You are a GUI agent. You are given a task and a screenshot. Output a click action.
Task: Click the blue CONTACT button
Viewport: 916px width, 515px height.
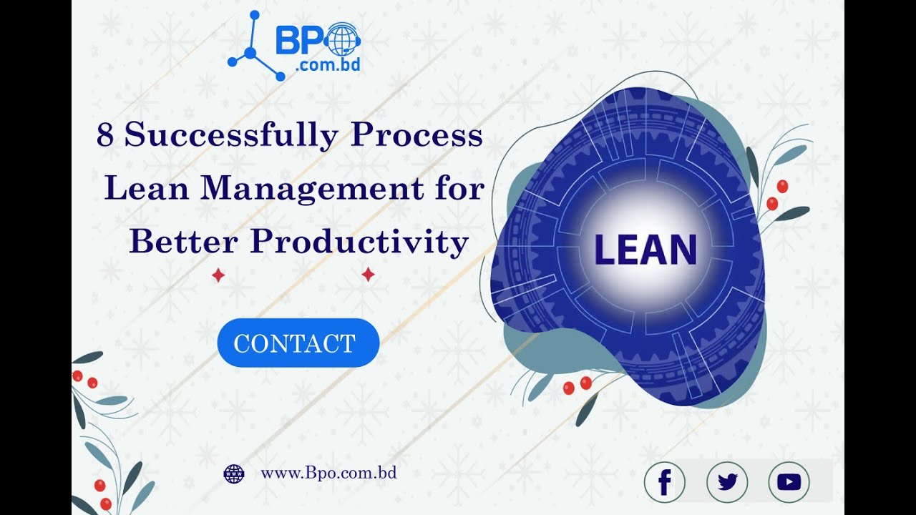(298, 343)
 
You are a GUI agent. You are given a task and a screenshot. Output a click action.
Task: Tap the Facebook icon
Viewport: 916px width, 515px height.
(664, 483)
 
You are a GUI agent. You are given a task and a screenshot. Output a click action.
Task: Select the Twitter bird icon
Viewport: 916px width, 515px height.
(727, 483)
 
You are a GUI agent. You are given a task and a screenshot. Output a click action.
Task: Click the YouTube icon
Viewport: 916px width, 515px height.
(789, 483)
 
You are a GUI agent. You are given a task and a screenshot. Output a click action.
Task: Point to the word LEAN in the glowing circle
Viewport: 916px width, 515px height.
(645, 250)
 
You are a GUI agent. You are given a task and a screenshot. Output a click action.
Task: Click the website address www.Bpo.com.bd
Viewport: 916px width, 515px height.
(328, 473)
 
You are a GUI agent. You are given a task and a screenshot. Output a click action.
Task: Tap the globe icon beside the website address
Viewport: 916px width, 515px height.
(234, 474)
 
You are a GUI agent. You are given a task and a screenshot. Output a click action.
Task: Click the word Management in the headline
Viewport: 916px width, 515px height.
(312, 190)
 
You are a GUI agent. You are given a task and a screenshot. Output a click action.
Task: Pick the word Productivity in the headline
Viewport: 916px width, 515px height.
(359, 242)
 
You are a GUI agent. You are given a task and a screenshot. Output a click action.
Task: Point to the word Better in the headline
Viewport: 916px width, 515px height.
(183, 242)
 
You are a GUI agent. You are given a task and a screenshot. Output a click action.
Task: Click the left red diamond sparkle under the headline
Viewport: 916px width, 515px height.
(218, 275)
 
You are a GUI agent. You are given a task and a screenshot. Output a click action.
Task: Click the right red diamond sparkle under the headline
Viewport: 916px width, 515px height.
(368, 275)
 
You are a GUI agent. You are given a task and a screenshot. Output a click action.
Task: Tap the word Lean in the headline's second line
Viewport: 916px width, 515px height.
(147, 190)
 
